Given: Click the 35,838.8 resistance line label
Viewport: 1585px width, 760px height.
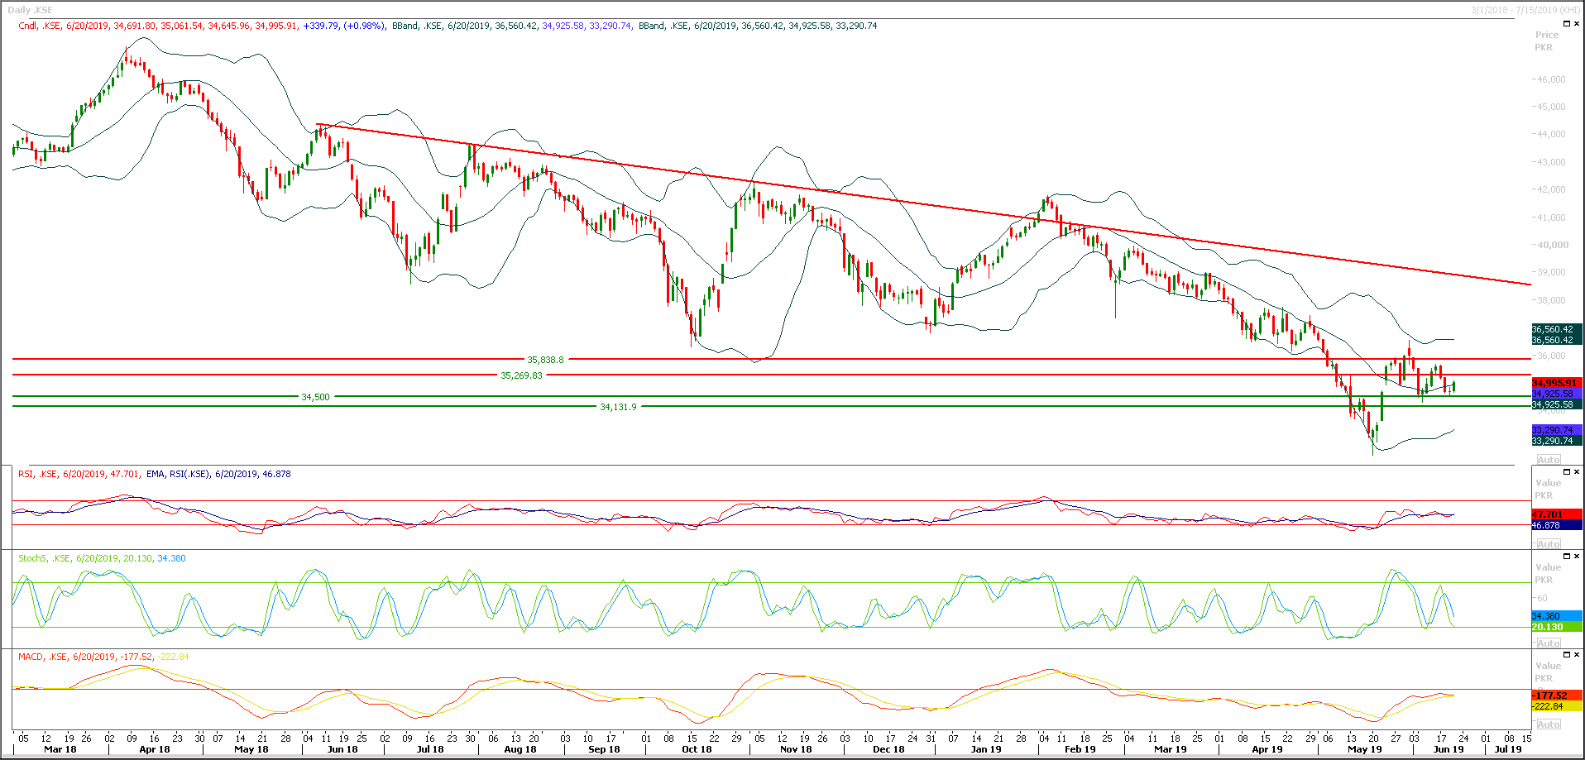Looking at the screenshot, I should tap(545, 360).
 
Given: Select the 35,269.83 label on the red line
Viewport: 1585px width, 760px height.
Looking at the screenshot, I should tap(521, 375).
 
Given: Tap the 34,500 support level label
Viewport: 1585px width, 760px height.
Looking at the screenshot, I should tap(315, 397).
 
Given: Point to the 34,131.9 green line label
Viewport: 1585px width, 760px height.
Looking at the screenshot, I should tap(618, 407).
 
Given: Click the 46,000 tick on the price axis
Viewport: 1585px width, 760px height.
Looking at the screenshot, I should tap(1551, 79).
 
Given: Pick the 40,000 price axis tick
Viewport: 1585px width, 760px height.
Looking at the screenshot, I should tap(1551, 245).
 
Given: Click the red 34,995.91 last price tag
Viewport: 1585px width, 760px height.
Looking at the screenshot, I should tap(1554, 383).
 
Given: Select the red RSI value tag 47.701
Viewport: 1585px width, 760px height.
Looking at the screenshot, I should tap(1547, 514).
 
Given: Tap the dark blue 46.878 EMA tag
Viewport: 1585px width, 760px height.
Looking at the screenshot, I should tap(1546, 525).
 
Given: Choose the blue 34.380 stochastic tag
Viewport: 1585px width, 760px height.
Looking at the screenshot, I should tap(1546, 616).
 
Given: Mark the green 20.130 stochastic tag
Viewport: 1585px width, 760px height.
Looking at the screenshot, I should tap(1547, 627).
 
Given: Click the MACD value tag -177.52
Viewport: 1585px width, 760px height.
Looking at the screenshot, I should tap(1549, 695).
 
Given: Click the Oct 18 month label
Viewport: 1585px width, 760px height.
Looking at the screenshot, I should tap(697, 749).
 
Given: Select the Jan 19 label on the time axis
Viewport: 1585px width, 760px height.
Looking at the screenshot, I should tap(985, 749).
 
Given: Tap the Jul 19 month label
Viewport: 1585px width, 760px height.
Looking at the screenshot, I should tap(1508, 749).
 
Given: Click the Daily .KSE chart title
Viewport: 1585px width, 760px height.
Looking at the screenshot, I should tap(30, 10).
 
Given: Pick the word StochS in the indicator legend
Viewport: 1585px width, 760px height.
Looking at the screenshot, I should tap(32, 558).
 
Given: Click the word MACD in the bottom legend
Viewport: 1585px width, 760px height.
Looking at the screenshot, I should tap(31, 657).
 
